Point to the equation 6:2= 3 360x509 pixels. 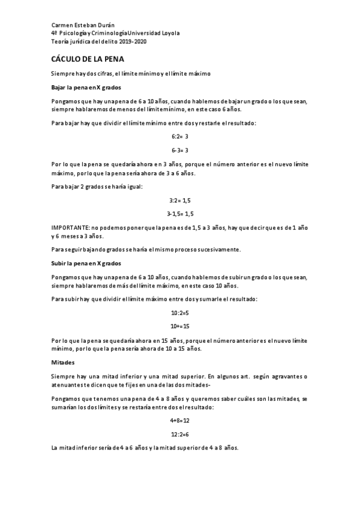[180, 137]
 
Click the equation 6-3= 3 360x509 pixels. [180, 150]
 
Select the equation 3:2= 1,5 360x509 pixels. [180, 200]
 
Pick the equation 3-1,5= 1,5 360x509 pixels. [180, 214]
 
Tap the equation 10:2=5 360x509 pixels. [180, 313]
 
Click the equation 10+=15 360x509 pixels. [180, 326]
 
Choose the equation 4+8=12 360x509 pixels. [180, 421]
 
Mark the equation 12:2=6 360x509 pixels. [180, 434]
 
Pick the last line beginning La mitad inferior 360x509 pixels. [145, 448]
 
